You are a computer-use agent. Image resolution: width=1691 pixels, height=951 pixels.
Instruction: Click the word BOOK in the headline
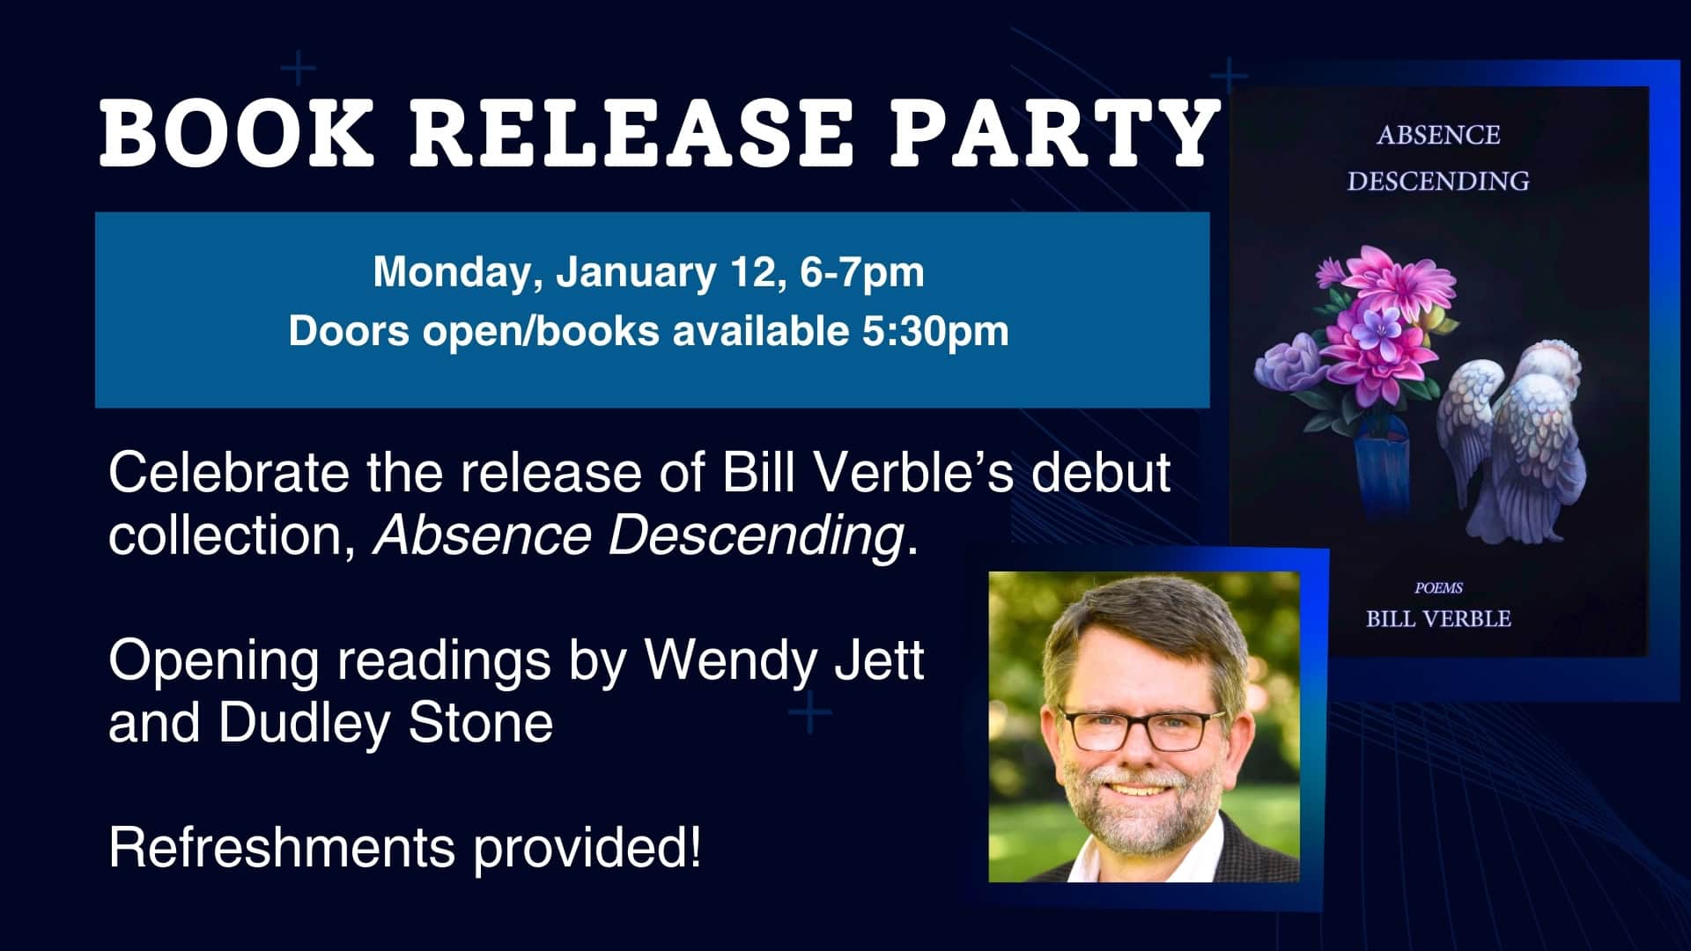[237, 133]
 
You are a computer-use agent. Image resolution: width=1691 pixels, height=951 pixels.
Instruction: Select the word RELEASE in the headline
[631, 133]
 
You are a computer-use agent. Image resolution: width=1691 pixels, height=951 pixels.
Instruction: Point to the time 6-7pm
[862, 273]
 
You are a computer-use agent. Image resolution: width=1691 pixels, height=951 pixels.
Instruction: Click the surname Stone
[481, 723]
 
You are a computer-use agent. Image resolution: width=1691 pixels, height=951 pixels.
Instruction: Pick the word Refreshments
[282, 847]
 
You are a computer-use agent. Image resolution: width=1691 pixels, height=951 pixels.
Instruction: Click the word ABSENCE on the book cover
[1438, 136]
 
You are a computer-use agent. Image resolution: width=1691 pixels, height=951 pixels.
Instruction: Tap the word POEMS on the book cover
[1438, 588]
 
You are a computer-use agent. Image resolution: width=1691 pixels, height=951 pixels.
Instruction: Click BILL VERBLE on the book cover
[1438, 619]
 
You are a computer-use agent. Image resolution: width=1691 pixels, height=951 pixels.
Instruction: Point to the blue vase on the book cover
[1383, 467]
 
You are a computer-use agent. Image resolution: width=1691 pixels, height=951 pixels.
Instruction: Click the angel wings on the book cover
[1513, 440]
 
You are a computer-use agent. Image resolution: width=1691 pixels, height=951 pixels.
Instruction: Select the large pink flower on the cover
[1387, 313]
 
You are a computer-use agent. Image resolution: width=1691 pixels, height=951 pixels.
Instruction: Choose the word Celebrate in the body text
[228, 473]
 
